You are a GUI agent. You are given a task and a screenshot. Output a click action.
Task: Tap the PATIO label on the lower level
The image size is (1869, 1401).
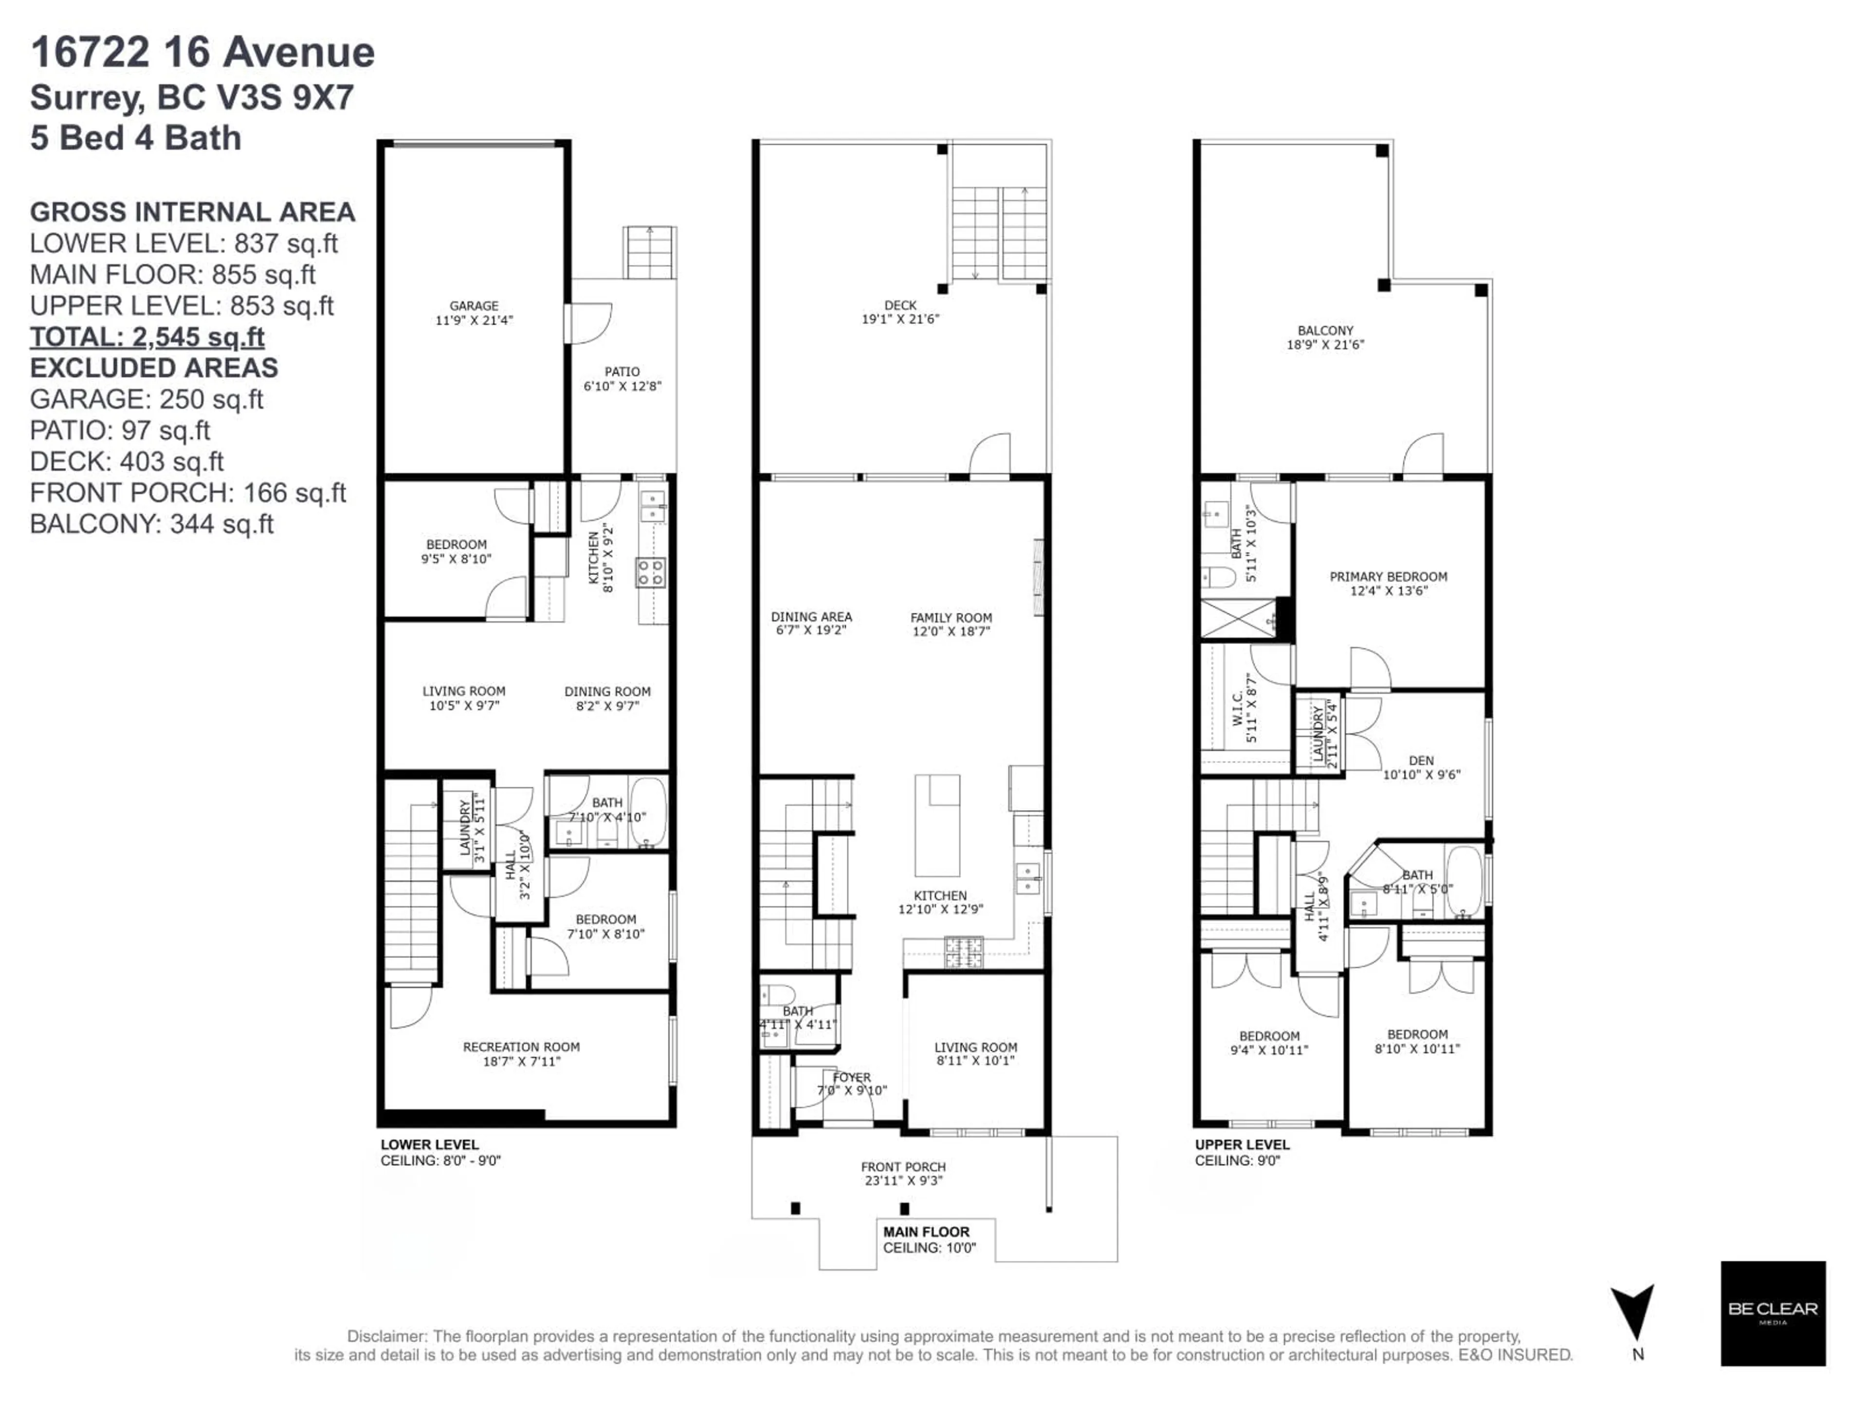click(622, 378)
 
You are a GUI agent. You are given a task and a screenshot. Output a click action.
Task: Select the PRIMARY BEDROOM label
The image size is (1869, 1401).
click(1388, 584)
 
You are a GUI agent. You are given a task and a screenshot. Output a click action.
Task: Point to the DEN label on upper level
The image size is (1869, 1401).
click(1421, 767)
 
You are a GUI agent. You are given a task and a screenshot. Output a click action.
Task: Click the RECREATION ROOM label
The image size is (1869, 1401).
click(521, 1054)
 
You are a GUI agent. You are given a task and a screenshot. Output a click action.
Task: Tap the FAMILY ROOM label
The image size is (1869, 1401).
click(951, 624)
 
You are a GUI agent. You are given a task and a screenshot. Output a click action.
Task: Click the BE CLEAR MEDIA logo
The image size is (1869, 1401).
click(1773, 1313)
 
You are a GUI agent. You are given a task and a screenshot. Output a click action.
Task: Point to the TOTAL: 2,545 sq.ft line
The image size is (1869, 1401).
click(147, 337)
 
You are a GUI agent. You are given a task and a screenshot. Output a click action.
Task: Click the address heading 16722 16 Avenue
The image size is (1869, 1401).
click(203, 53)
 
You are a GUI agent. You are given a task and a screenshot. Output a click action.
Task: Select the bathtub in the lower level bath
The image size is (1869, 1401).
click(648, 812)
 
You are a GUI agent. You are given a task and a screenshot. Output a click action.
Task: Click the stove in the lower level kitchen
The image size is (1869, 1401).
click(651, 573)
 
